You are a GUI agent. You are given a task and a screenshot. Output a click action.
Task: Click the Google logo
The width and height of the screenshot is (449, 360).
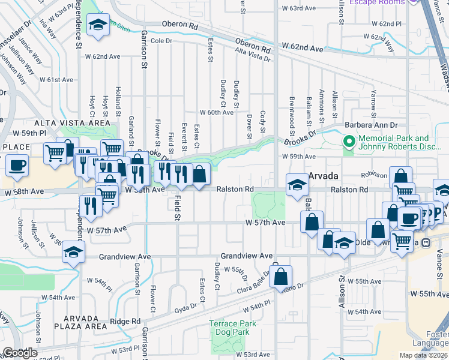[x=19, y=353]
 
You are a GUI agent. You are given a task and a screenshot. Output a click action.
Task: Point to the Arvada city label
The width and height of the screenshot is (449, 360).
[x=325, y=176]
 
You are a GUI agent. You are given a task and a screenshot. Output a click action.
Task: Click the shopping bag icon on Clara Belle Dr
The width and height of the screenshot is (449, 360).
[x=280, y=276]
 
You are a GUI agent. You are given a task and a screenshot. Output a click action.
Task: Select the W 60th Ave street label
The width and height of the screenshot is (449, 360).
[x=217, y=112]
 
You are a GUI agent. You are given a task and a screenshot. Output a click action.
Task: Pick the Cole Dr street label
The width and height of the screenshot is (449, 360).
[x=161, y=41]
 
